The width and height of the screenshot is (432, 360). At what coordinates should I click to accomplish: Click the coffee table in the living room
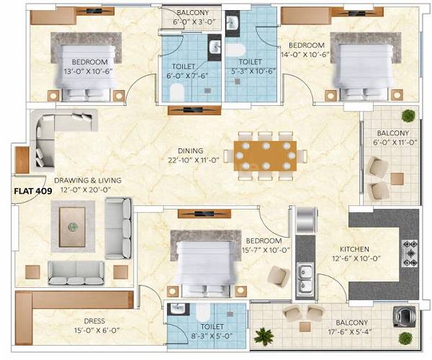point(73,225)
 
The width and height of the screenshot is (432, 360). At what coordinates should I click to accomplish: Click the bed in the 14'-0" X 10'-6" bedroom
point(355,65)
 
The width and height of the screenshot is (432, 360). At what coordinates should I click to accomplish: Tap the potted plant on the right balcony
point(408,115)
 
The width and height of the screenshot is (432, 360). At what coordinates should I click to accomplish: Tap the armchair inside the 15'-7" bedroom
point(277,276)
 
